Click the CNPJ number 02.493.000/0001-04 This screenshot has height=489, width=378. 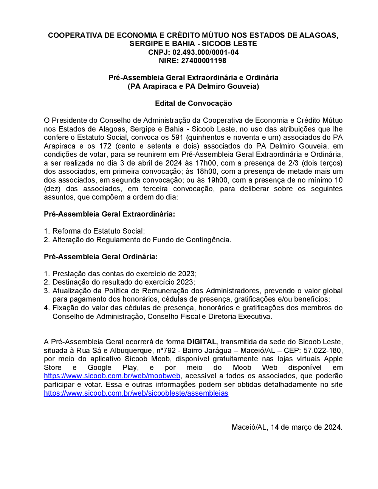pyautogui.click(x=206, y=52)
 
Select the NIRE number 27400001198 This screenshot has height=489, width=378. pyautogui.click(x=203, y=60)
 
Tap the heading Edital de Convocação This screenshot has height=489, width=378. pyautogui.click(x=193, y=103)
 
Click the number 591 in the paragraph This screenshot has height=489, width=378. pyautogui.click(x=177, y=137)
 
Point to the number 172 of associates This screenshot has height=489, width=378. pyautogui.click(x=105, y=146)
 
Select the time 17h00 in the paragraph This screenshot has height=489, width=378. pyautogui.click(x=206, y=163)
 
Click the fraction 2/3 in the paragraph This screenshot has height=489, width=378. pyautogui.click(x=293, y=163)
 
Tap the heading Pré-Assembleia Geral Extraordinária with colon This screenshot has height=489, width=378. pyautogui.click(x=110, y=214)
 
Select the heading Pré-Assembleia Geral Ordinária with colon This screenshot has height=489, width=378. pyautogui.click(x=101, y=257)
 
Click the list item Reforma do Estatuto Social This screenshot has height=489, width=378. pyautogui.click(x=98, y=231)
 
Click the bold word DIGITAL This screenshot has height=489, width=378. pyautogui.click(x=201, y=342)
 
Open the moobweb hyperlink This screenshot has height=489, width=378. pyautogui.click(x=112, y=376)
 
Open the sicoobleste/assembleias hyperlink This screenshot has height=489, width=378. pyautogui.click(x=136, y=393)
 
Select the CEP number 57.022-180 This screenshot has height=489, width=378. pyautogui.click(x=322, y=350)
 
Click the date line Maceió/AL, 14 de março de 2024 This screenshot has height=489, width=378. pyautogui.click(x=287, y=427)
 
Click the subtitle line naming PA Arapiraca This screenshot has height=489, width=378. pyautogui.click(x=193, y=86)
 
